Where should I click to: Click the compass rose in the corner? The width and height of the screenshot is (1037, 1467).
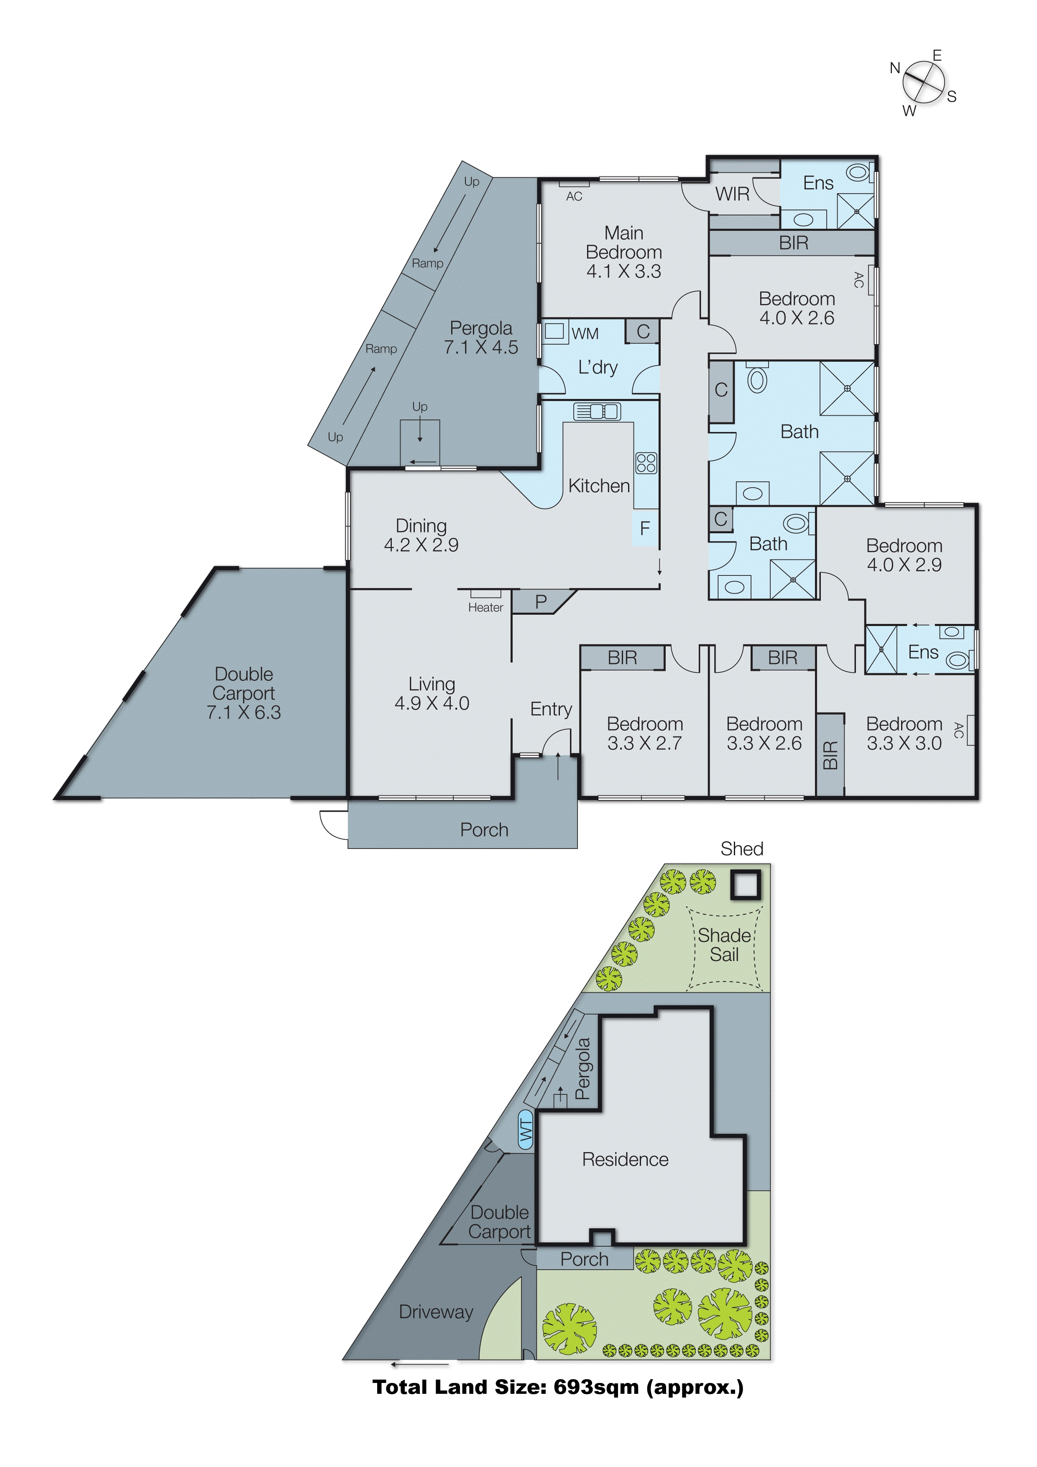[923, 82]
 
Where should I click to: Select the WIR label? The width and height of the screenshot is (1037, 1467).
[732, 194]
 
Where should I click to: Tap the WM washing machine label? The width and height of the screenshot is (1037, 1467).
[585, 334]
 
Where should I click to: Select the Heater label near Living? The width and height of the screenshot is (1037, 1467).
[485, 608]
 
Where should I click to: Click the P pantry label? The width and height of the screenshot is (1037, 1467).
[541, 601]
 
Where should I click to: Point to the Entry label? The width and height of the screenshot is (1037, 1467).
[551, 709]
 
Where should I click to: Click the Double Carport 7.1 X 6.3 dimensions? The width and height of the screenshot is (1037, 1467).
[243, 713]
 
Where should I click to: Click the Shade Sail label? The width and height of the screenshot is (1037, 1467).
[724, 945]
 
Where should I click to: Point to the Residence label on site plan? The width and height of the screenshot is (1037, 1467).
[625, 1160]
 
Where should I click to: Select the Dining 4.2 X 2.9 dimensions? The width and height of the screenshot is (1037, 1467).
[421, 545]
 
